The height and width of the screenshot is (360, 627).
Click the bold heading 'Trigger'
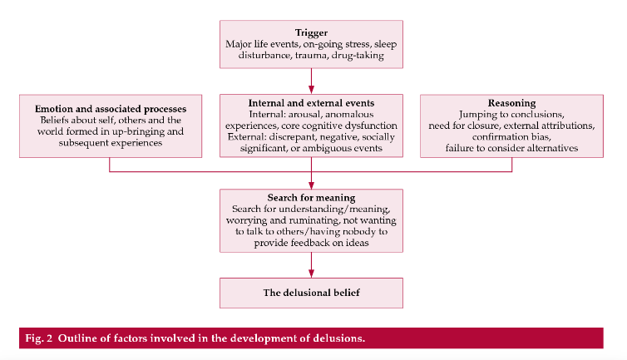(x=311, y=32)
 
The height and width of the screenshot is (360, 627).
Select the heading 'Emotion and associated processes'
(x=111, y=109)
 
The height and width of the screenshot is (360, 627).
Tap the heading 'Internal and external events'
(x=311, y=103)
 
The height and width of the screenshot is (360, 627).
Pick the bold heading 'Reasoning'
(x=511, y=103)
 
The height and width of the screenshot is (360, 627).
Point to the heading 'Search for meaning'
(x=311, y=198)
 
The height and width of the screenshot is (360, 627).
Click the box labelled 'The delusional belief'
(x=311, y=293)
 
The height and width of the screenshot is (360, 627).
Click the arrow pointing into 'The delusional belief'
(x=311, y=265)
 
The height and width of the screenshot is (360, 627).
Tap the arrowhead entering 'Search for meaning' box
(x=311, y=185)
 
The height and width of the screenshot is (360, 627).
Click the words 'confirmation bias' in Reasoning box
(x=511, y=137)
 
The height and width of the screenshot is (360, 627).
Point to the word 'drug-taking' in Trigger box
(x=358, y=56)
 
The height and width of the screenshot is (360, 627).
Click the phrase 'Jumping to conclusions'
(x=511, y=115)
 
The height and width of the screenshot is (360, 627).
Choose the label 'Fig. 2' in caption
(x=39, y=338)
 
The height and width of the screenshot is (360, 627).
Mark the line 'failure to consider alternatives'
(x=511, y=148)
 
